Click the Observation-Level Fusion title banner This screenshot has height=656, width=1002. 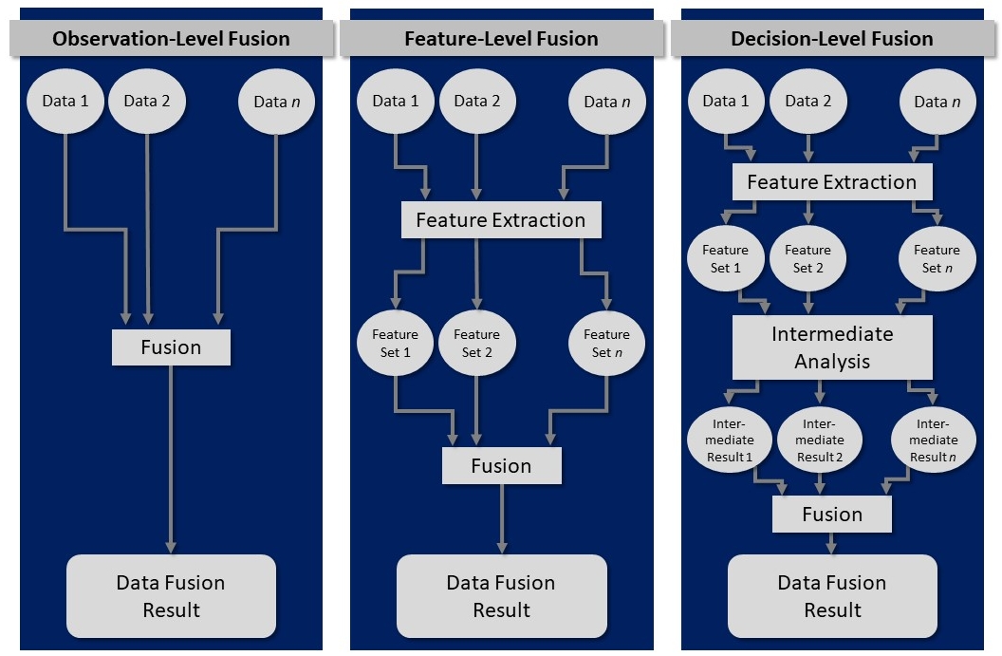171,39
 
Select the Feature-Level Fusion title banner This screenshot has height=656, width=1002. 501,39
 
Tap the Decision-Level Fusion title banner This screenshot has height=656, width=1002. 831,39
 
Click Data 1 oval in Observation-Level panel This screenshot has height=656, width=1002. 65,101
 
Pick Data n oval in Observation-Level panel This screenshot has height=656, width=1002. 276,101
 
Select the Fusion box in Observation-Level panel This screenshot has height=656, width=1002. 171,347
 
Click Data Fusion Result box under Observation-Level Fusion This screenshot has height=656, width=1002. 171,596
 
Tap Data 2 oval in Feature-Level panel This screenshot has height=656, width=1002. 477,101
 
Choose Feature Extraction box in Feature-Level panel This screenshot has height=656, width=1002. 501,220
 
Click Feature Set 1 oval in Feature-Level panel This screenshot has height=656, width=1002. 396,343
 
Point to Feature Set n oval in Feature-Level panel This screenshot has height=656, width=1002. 606,343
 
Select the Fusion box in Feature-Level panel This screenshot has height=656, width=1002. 501,466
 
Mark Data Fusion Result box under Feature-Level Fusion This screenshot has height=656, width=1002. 501,596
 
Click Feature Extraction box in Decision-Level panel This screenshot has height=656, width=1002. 831,182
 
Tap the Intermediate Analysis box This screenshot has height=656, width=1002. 832,347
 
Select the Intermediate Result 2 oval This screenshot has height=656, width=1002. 819,440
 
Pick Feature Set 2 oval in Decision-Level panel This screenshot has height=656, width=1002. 807,258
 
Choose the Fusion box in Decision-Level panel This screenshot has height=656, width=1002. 832,515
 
